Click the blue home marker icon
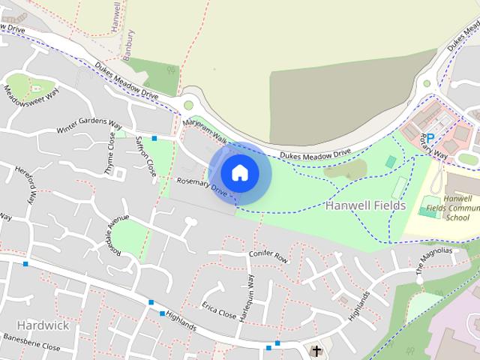pos(239,172)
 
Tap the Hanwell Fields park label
pos(365,205)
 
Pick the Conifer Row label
pos(268,256)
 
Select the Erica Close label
pos(219,311)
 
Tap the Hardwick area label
pos(42,325)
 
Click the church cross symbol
pos(316,350)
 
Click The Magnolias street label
pos(434,259)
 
